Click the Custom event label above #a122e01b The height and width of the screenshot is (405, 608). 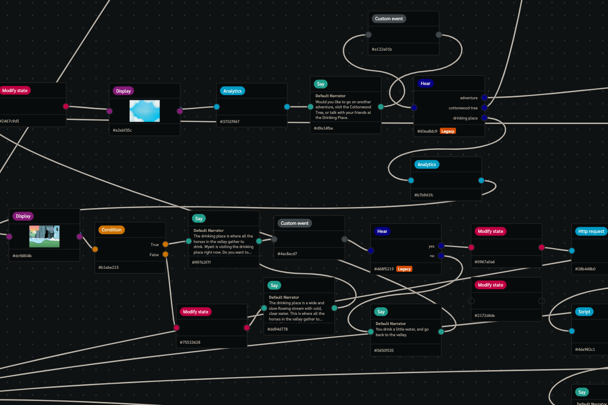pyautogui.click(x=389, y=19)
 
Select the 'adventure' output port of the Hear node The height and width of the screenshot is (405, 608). pyautogui.click(x=484, y=98)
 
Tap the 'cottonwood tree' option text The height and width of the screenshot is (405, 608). pyautogui.click(x=463, y=108)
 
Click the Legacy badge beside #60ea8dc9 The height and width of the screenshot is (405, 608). pyautogui.click(x=447, y=131)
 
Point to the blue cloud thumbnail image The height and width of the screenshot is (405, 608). pyautogui.click(x=144, y=111)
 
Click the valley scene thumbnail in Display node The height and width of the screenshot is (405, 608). pyautogui.click(x=44, y=236)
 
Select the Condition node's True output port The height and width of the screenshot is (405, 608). pyautogui.click(x=165, y=245)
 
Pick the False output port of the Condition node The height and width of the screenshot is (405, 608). pyautogui.click(x=165, y=255)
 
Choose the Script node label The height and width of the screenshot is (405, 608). pyautogui.click(x=584, y=312)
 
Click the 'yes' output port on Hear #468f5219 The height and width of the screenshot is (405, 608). pyautogui.click(x=441, y=246)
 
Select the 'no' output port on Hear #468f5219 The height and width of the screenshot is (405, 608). pyautogui.click(x=441, y=256)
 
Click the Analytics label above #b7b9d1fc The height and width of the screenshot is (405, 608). pyautogui.click(x=427, y=165)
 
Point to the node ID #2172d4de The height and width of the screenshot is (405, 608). pyautogui.click(x=485, y=315)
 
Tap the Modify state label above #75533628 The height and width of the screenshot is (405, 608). pyautogui.click(x=196, y=312)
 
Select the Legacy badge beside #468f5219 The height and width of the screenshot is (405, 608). pyautogui.click(x=404, y=269)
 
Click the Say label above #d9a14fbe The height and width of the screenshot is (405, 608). pyautogui.click(x=320, y=84)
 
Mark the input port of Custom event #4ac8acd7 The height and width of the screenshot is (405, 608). pyautogui.click(x=274, y=239)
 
